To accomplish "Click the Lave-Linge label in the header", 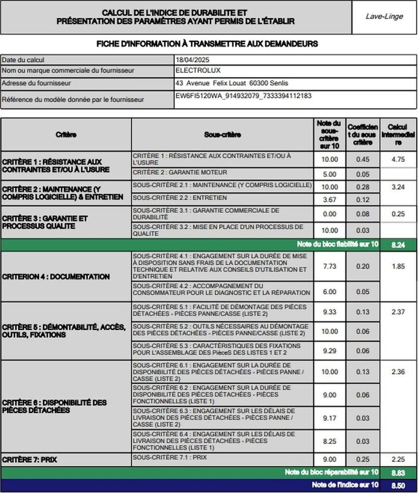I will pos(384,17).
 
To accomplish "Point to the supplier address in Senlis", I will pos(232,83).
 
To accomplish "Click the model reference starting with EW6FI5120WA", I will pos(244,96).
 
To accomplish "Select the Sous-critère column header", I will pos(222,135).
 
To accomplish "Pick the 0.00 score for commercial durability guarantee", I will pos(329,214).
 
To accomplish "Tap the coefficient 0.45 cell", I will pos(363,159).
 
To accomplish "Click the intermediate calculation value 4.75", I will pos(398,159).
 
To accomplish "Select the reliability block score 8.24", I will pos(398,245).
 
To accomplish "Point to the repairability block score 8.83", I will pos(398,472).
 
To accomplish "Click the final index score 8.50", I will pos(398,485).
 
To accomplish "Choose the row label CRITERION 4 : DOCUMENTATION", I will pos(56,277).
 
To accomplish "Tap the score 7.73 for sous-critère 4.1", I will pos(329,266).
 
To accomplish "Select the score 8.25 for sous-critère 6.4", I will pos(329,441).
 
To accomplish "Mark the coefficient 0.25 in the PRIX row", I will pos(363,459).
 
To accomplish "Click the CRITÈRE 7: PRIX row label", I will pos(30,460).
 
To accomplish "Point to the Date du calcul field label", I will pos(23,60).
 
